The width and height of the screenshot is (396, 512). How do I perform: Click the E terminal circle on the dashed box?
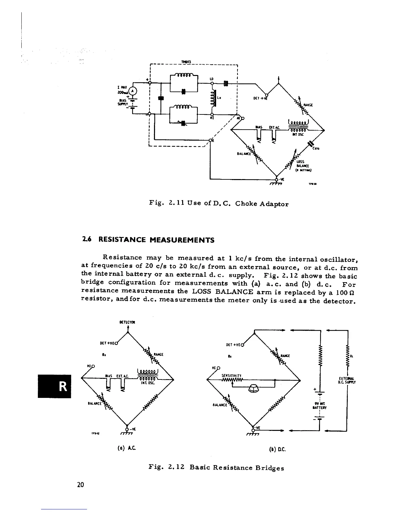211,140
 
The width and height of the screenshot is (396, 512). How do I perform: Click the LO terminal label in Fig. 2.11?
212,79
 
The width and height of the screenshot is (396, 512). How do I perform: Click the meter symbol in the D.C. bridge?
253,390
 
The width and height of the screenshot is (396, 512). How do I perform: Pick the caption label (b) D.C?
279,449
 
